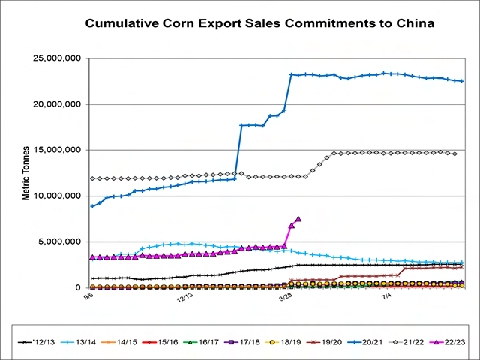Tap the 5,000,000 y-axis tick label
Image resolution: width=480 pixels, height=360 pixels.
[58, 242]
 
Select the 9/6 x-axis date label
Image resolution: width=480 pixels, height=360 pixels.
[88, 297]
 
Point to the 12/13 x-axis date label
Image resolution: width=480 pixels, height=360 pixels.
[184, 297]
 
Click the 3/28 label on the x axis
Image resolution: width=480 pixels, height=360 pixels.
[285, 297]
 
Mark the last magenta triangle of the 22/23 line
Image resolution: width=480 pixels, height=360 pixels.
[298, 219]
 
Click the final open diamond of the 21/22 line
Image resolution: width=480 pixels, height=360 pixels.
[454, 154]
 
